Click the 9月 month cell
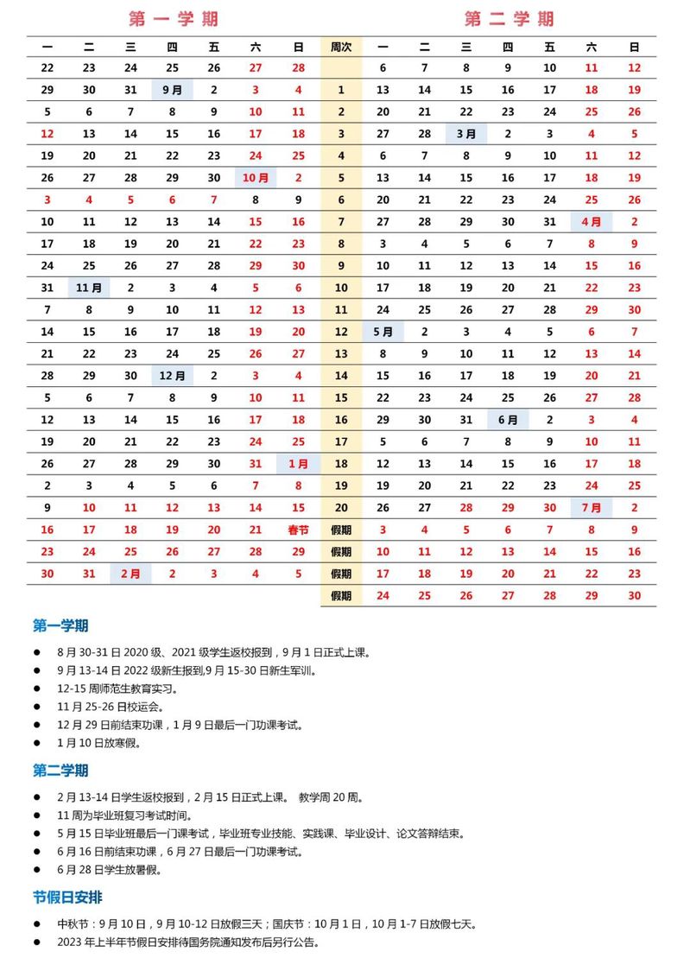coord(172,89)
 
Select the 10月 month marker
coord(256,178)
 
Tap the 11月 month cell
coord(89,288)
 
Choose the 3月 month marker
coord(466,134)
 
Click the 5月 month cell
coord(383,332)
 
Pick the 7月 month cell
coord(592,508)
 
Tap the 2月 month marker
coord(130,574)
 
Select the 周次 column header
coord(341,47)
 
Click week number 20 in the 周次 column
coord(341,508)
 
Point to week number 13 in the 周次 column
coord(341,353)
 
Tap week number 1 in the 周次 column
coord(341,89)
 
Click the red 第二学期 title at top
coord(509,18)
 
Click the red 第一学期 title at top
coord(174,18)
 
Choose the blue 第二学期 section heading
coord(60,770)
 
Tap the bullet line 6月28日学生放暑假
coord(110,870)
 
